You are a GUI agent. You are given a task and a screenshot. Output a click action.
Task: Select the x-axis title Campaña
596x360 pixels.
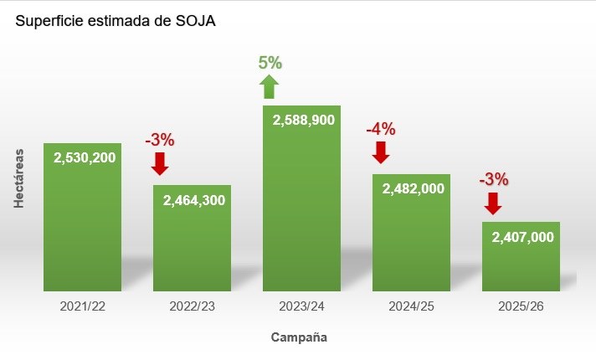pos(299,338)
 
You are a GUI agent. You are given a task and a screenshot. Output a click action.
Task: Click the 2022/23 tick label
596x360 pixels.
pos(192,306)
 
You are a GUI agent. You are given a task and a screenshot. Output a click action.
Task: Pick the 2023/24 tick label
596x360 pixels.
pos(301,306)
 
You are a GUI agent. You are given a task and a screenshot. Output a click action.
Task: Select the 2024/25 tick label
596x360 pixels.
pos(411,306)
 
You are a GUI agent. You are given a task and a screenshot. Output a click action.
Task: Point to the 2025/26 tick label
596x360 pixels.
pos(521,306)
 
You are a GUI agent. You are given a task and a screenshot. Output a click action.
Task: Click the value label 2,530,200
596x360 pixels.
pos(85,157)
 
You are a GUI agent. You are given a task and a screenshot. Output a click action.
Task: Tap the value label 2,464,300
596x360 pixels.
pos(194,200)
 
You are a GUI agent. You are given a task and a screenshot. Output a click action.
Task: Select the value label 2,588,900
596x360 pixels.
pos(303,120)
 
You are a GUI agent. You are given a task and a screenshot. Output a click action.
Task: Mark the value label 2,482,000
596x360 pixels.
pos(413,188)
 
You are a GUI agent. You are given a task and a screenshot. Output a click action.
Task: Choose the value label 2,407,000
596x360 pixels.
pos(522,237)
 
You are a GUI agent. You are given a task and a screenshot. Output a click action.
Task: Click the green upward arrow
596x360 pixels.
pos(269,86)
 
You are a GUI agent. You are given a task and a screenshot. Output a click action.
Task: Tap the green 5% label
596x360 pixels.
pos(270,62)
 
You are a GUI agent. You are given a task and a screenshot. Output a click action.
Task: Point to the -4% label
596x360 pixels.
pos(380,129)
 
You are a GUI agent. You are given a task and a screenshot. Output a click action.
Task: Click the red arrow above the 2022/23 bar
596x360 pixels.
pos(160,162)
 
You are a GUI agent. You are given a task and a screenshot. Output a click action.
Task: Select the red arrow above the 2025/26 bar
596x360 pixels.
pos(492,203)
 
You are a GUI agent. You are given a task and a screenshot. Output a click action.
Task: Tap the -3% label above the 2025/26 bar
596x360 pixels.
pos(493,178)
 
